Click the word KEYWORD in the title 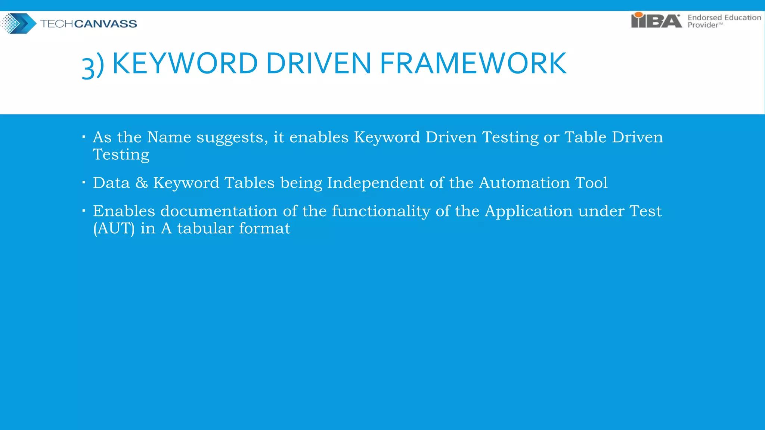pyautogui.click(x=185, y=63)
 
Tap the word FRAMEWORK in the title pyautogui.click(x=473, y=63)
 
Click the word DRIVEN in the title pyautogui.click(x=318, y=63)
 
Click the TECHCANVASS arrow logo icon pyautogui.click(x=19, y=24)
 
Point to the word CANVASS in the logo pyautogui.click(x=106, y=24)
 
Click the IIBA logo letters pyautogui.click(x=656, y=21)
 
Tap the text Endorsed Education pyautogui.click(x=724, y=18)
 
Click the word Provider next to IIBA pyautogui.click(x=703, y=25)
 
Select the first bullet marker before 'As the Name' pyautogui.click(x=84, y=137)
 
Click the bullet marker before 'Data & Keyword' pyautogui.click(x=84, y=183)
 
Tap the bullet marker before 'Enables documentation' pyautogui.click(x=84, y=211)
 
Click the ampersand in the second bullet pyautogui.click(x=142, y=183)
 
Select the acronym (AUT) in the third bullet pyautogui.click(x=114, y=228)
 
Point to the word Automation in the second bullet pyautogui.click(x=524, y=183)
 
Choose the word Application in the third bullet pyautogui.click(x=529, y=212)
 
